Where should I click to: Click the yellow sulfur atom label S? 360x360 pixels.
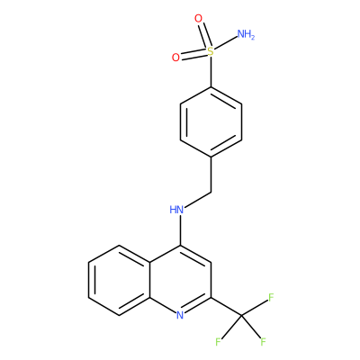[x=211, y=52]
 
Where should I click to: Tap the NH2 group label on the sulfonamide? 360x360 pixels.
[x=246, y=34]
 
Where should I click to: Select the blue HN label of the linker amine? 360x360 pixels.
[x=176, y=210]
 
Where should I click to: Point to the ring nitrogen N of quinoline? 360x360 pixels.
[x=180, y=315]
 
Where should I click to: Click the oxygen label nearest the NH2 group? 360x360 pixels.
[x=198, y=19]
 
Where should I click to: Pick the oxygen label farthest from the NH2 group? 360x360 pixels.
[x=175, y=58]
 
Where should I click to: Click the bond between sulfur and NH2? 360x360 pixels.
[x=226, y=43]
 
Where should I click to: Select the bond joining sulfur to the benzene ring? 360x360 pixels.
[x=211, y=72]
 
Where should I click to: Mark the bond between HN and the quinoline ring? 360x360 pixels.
[x=180, y=230]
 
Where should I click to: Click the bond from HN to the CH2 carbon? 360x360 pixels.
[x=198, y=199]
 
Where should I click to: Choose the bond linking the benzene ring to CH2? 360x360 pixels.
[x=211, y=175]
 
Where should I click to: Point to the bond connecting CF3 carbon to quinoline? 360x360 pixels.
[x=226, y=307]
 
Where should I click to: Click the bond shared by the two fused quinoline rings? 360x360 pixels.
[x=149, y=281]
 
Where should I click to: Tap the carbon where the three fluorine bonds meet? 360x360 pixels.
[x=242, y=315]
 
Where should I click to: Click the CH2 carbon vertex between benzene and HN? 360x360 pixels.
[x=211, y=192]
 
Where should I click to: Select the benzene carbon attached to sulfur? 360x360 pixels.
[x=211, y=87]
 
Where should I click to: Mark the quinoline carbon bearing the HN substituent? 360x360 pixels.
[x=180, y=246]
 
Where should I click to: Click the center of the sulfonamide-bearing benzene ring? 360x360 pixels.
[x=211, y=122]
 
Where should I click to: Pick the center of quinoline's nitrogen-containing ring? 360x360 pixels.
[x=180, y=281]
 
